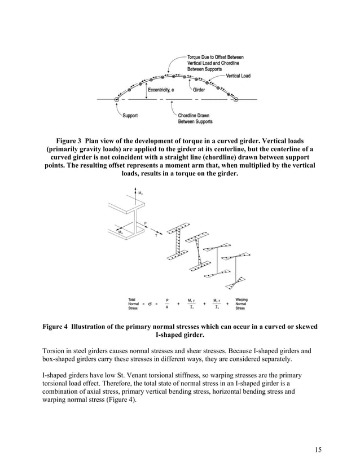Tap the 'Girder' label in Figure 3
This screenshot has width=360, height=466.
pos(199,90)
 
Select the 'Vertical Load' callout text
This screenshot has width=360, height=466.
pos(238,76)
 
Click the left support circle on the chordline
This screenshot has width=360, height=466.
pos(117,99)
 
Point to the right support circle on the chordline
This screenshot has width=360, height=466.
pos(236,99)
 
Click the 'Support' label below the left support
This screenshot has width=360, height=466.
pos(131,116)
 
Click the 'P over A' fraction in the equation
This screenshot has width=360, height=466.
pos(167,304)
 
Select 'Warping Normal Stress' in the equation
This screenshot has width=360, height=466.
pos(241,304)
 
